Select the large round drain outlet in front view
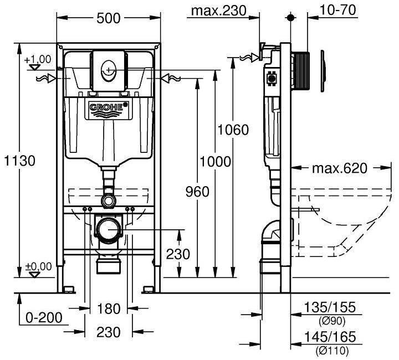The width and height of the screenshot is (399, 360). click(x=109, y=229)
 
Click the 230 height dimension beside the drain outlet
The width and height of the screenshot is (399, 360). click(x=178, y=254)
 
